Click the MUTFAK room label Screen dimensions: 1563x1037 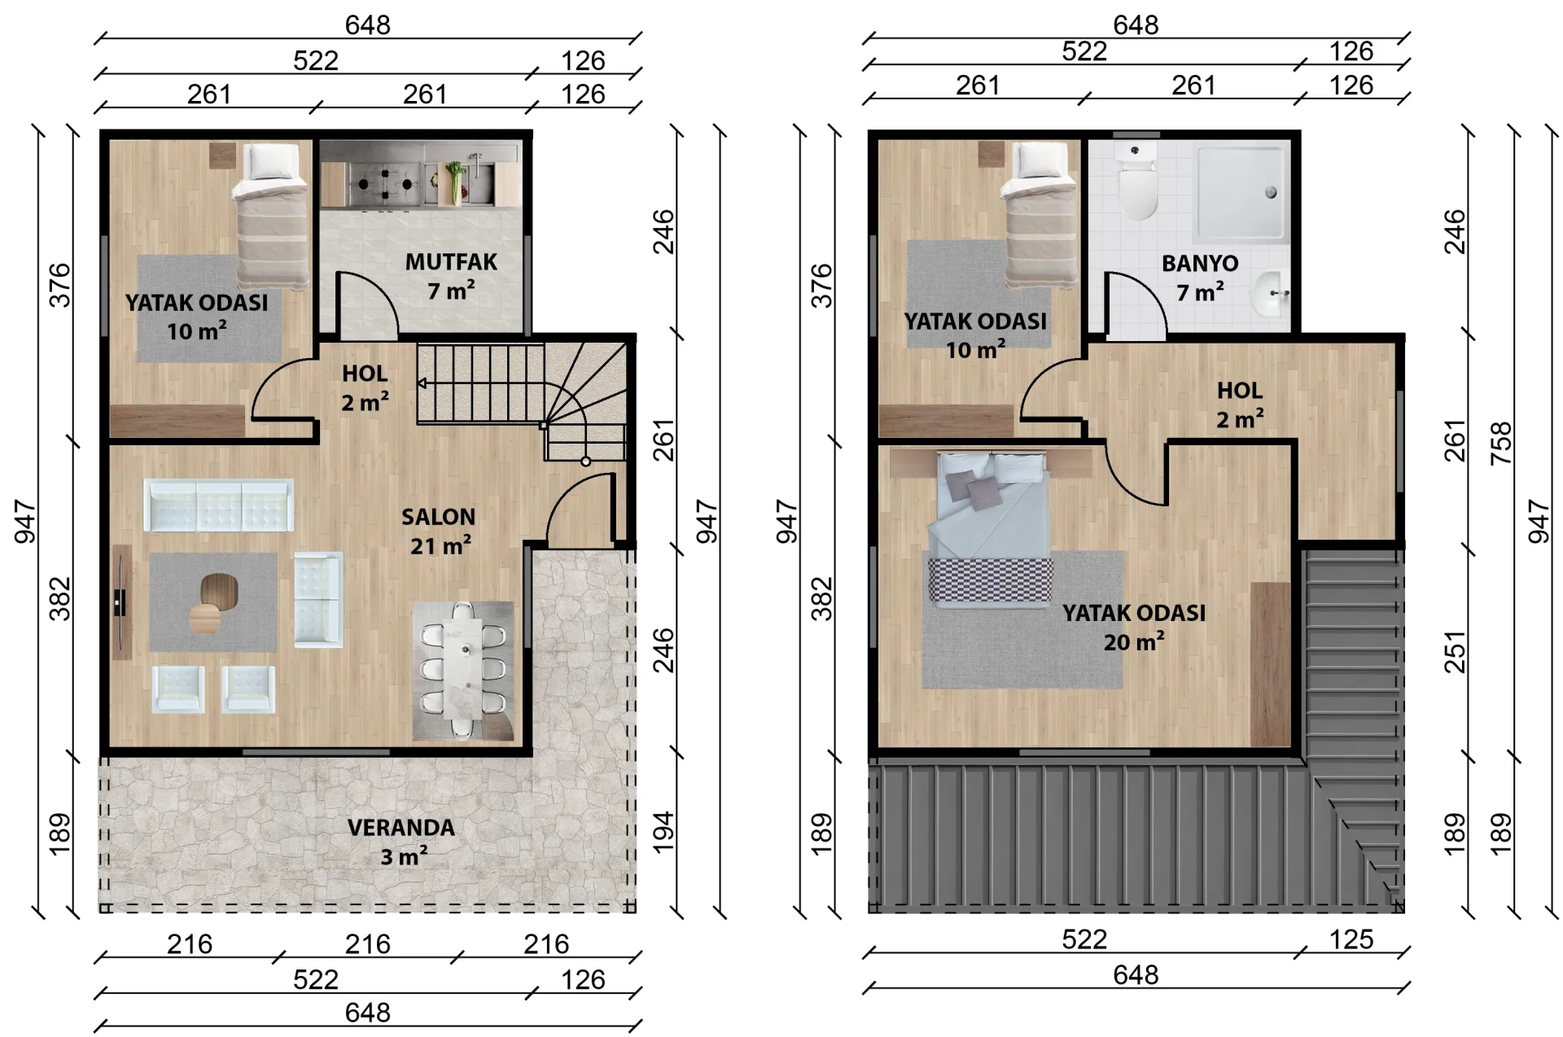tap(451, 262)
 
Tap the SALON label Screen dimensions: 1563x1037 tap(438, 517)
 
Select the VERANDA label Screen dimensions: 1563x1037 tap(401, 828)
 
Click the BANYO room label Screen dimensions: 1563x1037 tap(1200, 264)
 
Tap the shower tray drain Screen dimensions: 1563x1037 tap(1270, 193)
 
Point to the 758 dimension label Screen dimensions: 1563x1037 tap(1500, 443)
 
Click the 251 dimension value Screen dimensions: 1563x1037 tap(1454, 652)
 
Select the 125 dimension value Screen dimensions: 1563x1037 tap(1351, 939)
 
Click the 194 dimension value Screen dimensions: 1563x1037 tap(663, 832)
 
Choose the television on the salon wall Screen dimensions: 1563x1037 tap(120, 602)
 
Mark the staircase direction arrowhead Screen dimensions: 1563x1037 tap(422, 383)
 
